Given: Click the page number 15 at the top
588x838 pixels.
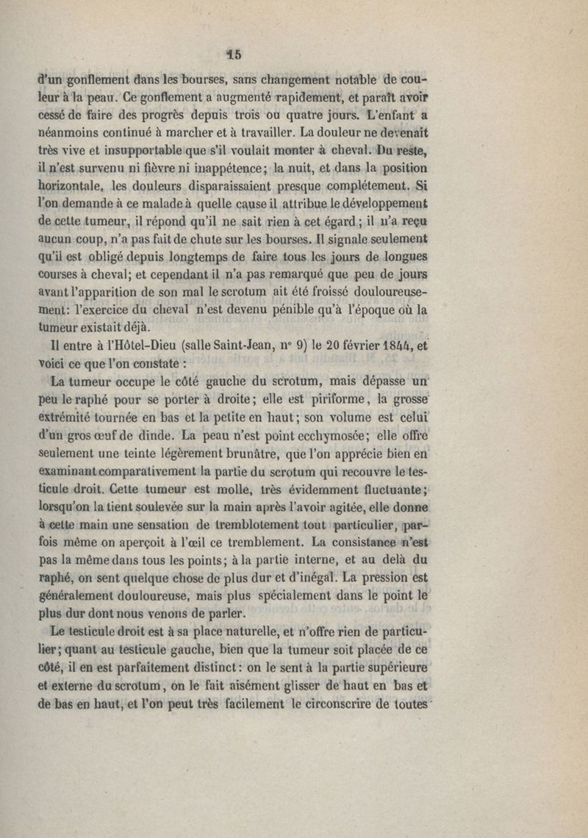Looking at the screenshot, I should (x=234, y=53).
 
